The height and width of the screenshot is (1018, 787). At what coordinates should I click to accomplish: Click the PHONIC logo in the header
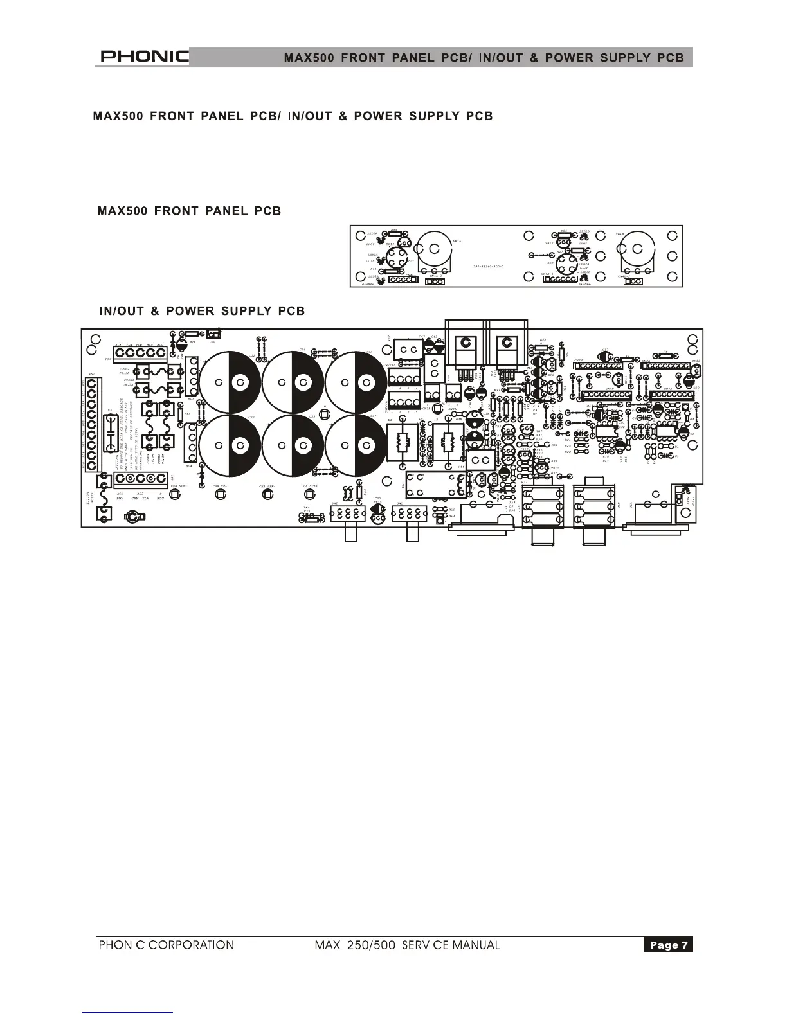click(143, 57)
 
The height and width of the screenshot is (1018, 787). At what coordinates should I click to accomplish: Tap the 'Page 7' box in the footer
click(668, 945)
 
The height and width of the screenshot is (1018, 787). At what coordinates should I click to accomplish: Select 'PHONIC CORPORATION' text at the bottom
click(166, 945)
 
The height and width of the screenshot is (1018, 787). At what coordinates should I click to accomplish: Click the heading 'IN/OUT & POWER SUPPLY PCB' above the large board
click(202, 311)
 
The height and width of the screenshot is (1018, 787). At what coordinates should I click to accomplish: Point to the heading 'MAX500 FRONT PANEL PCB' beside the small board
click(189, 211)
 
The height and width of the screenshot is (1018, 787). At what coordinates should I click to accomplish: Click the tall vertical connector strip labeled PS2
click(92, 425)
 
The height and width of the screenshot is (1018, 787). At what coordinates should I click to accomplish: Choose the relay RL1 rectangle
click(437, 485)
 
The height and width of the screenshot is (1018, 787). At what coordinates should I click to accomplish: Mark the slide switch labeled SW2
click(348, 513)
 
